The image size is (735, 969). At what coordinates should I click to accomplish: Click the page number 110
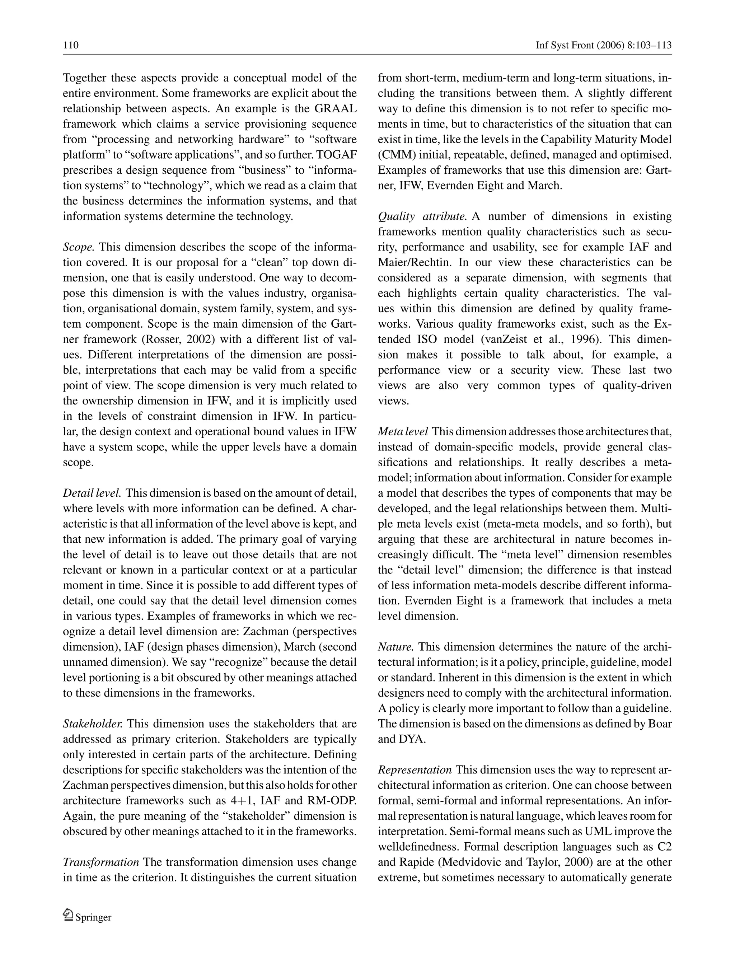pos(71,45)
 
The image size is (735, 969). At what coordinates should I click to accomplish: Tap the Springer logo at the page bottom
pos(87,917)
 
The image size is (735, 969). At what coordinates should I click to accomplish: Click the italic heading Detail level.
pos(92,493)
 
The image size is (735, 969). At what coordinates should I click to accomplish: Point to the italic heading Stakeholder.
pos(93,724)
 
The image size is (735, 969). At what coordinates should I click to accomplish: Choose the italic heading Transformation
pos(101,862)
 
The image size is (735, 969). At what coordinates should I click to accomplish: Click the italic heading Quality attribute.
pos(422,216)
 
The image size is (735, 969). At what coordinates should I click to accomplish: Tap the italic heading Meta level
pos(403,431)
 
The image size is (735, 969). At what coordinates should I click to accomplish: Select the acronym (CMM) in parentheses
pos(394,155)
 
